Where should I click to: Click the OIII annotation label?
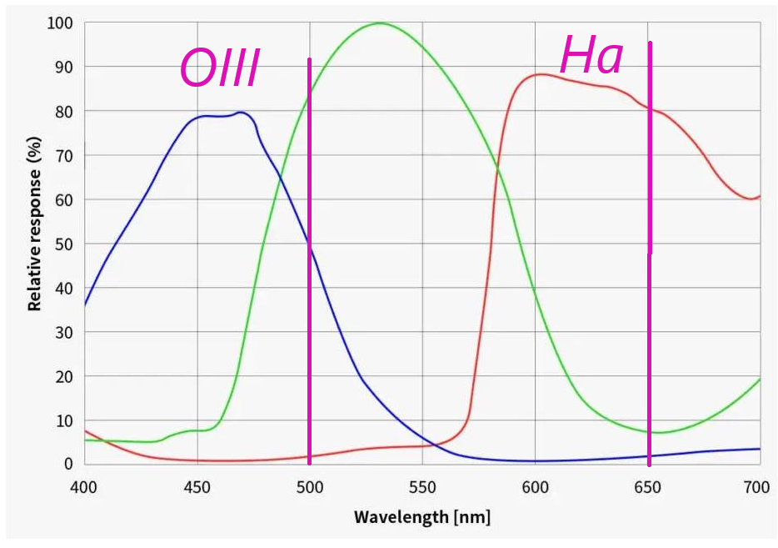click(220, 69)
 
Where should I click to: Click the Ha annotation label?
click(591, 57)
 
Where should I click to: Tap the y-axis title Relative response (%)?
click(34, 225)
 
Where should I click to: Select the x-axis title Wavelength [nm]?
click(422, 517)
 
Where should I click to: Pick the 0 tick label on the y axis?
click(68, 464)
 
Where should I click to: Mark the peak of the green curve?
click(380, 23)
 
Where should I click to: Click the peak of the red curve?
click(540, 74)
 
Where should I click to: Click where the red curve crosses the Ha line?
click(649, 107)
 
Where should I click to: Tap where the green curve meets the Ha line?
click(649, 431)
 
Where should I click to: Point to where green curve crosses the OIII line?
click(310, 97)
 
